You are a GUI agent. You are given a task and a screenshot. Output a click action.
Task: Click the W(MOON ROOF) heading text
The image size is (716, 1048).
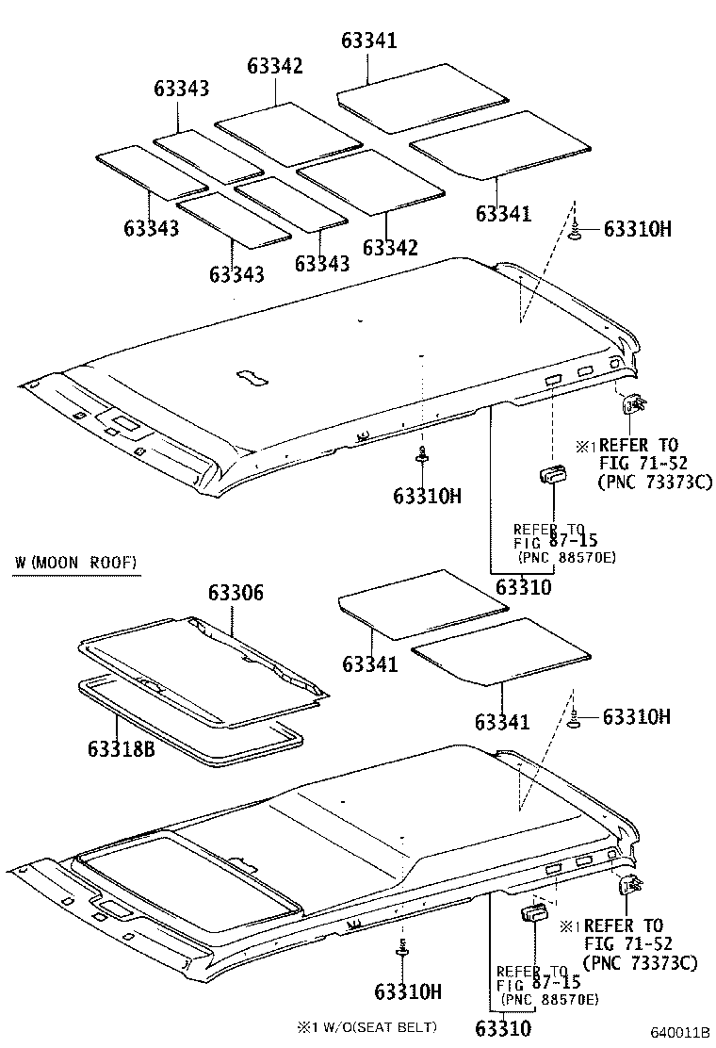(76, 564)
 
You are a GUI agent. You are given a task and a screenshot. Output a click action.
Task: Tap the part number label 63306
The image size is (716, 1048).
(236, 593)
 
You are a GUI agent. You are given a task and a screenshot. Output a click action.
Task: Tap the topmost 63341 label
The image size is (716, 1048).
(368, 41)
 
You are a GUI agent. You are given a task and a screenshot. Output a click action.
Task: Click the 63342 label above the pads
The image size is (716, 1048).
(275, 66)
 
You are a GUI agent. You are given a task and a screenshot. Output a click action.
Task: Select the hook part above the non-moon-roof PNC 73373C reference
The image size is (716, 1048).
(633, 404)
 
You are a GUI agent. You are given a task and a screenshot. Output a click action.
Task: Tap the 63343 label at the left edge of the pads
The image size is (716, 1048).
(151, 228)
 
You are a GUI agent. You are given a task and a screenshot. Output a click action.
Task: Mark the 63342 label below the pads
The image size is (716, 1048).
(390, 248)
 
